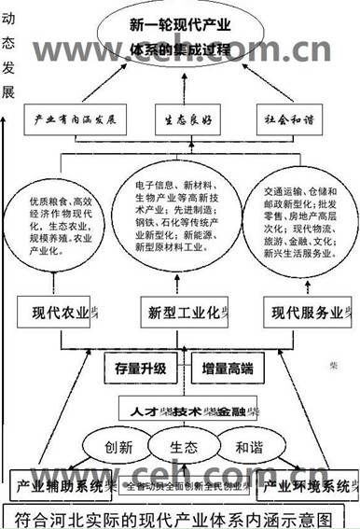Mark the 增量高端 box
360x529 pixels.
coord(228,368)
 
